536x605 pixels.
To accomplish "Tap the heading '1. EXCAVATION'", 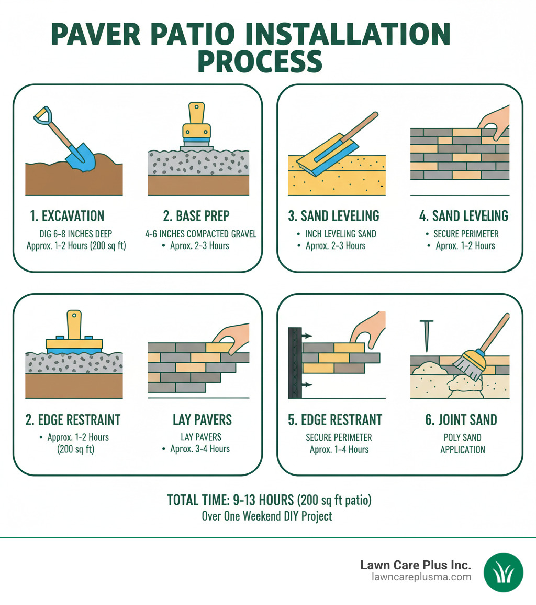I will pyautogui.click(x=67, y=215).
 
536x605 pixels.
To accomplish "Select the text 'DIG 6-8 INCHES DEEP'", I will pyautogui.click(x=67, y=234).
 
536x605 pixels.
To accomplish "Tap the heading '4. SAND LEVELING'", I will pyautogui.click(x=463, y=215).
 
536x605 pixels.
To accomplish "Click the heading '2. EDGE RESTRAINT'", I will pyautogui.click(x=73, y=419).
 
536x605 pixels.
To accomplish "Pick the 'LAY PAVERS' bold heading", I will pyautogui.click(x=203, y=419).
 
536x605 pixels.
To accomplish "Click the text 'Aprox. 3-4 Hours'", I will pyautogui.click(x=199, y=449).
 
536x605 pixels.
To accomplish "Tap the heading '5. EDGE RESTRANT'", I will pyautogui.click(x=336, y=419).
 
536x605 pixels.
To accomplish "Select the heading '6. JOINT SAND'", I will pyautogui.click(x=462, y=419).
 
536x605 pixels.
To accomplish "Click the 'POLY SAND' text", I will pyautogui.click(x=462, y=438).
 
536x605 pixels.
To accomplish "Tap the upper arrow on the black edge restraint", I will pyautogui.click(x=307, y=334).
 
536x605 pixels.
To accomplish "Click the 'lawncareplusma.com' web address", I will pyautogui.click(x=421, y=577).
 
